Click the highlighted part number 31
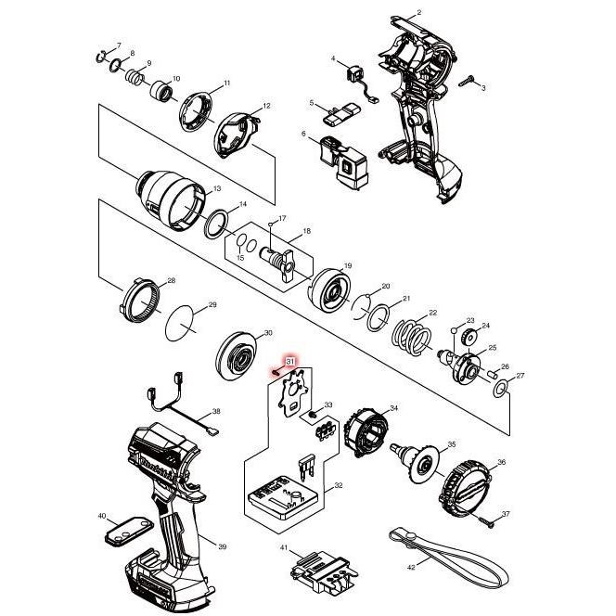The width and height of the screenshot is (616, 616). tap(289, 361)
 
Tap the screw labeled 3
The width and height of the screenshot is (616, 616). tap(472, 82)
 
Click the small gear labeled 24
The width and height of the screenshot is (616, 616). tap(468, 336)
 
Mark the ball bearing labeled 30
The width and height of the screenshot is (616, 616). tap(242, 354)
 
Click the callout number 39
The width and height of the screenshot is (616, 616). tap(222, 546)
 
